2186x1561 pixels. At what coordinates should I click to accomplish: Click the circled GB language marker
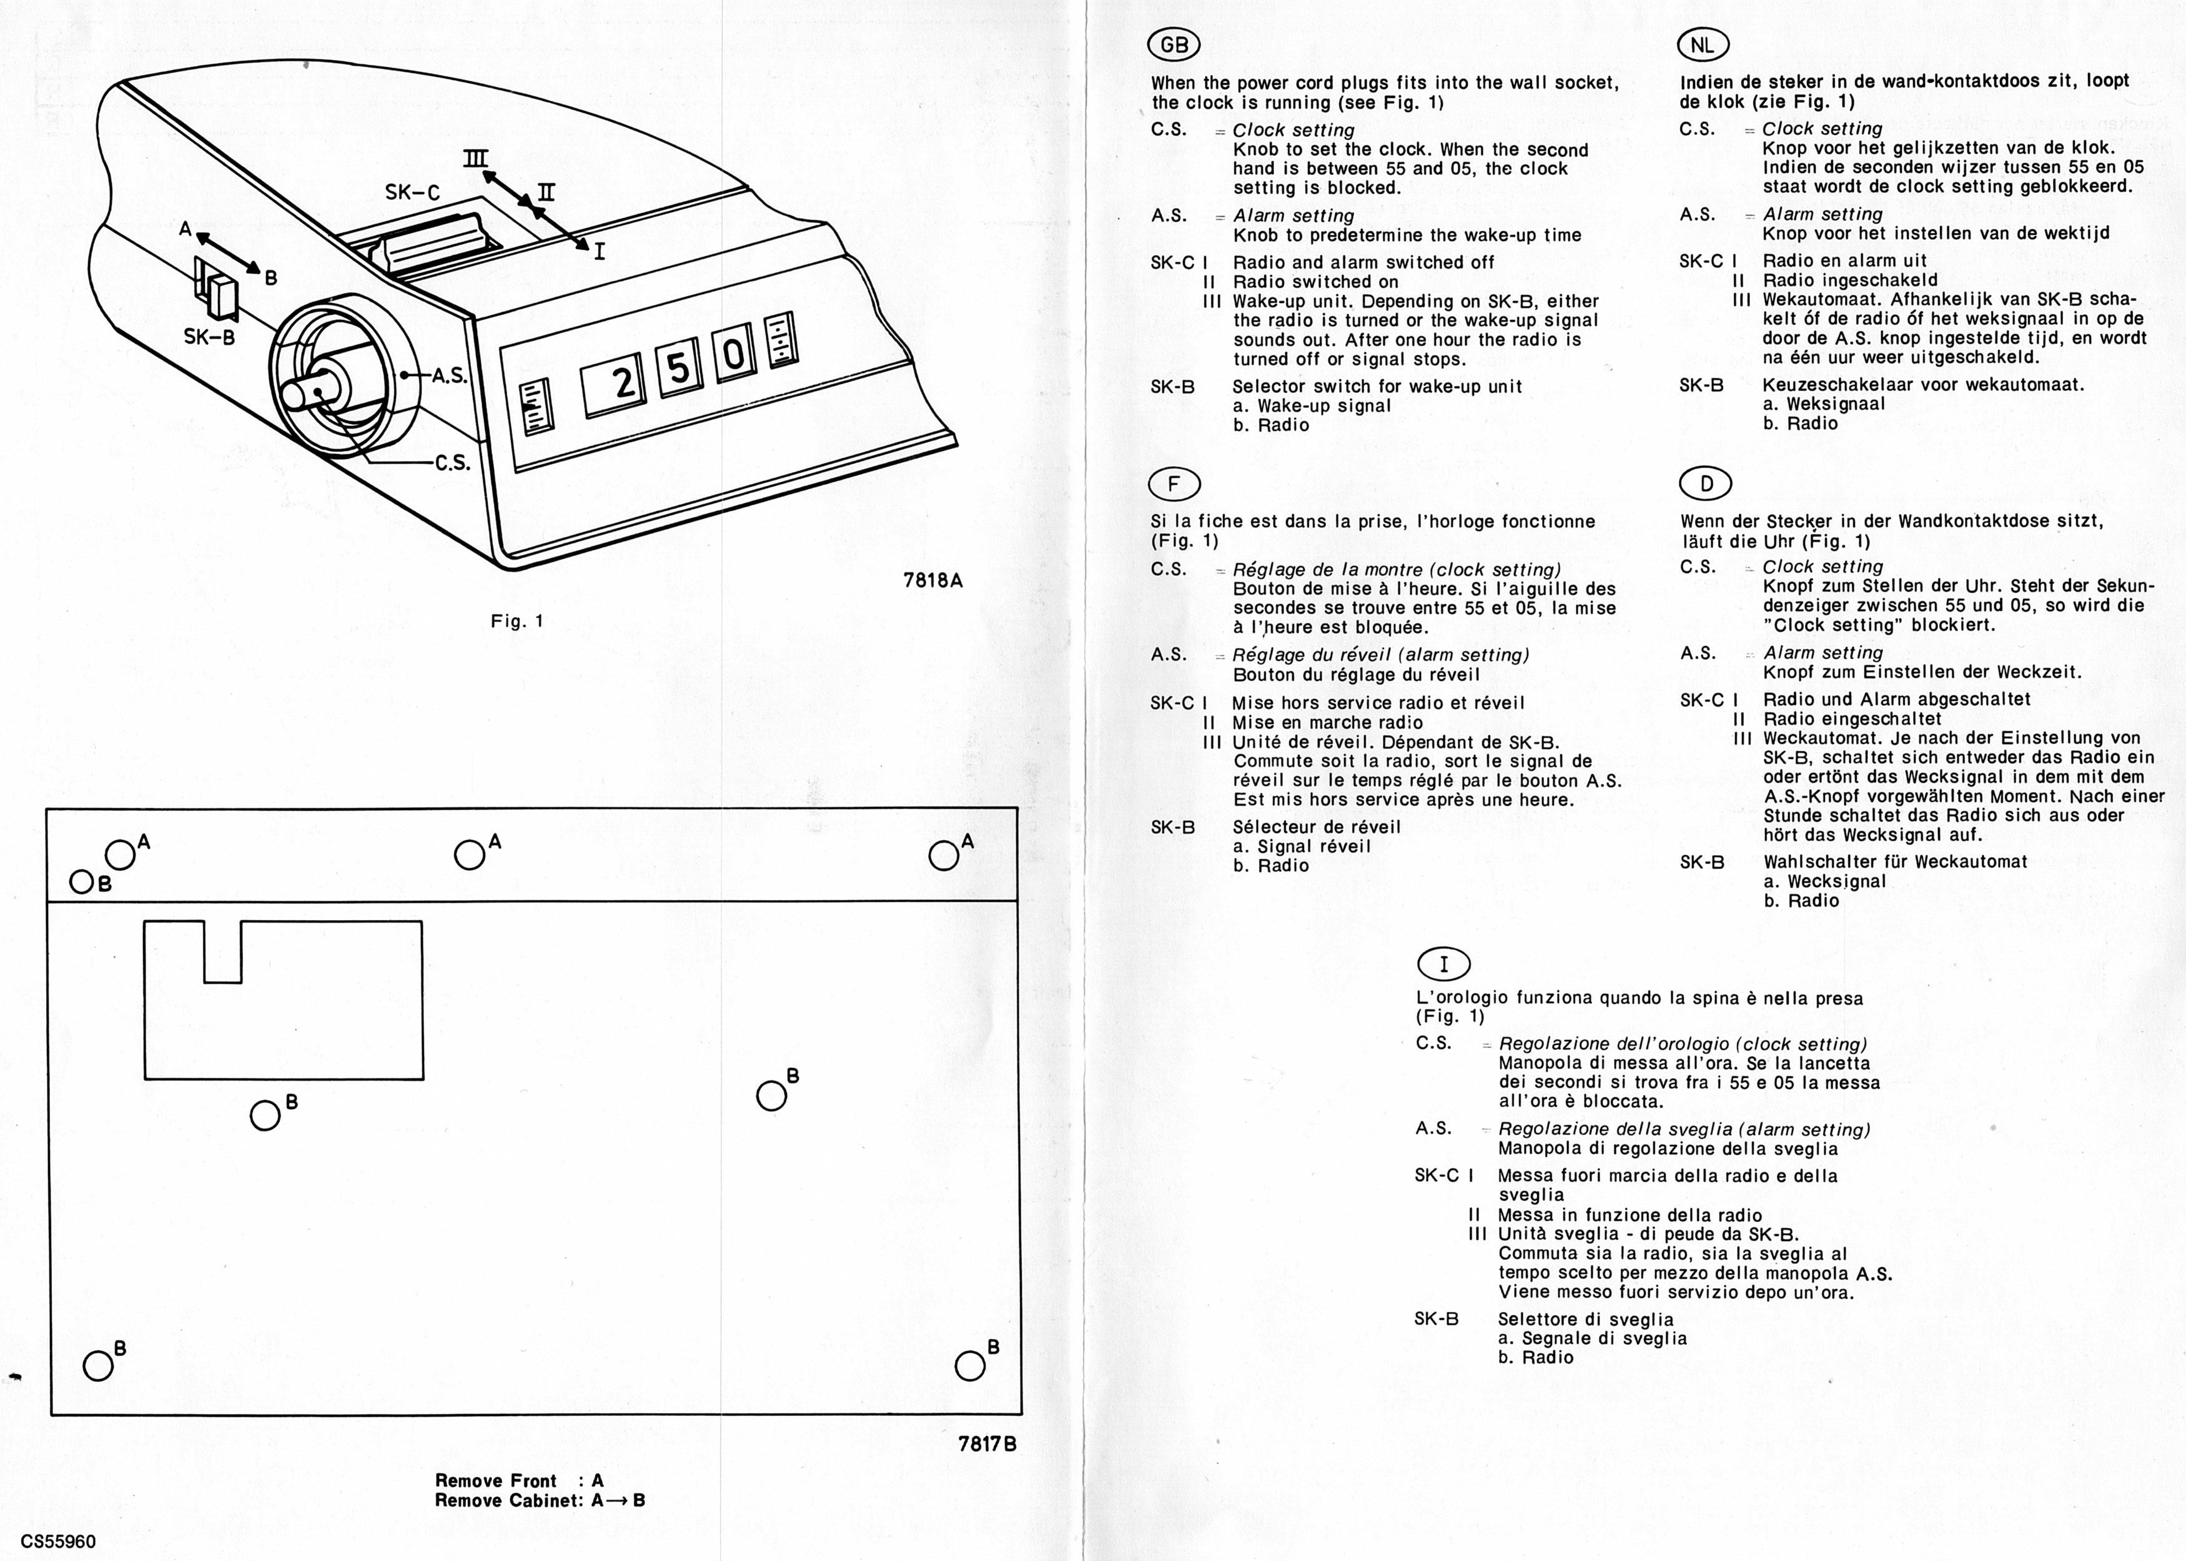click(1174, 45)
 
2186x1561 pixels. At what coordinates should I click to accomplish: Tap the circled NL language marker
click(1702, 44)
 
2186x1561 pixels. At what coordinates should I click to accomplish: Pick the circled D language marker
click(1706, 483)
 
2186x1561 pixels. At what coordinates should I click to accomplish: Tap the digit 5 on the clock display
click(680, 367)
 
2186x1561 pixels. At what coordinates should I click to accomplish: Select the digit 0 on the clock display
click(733, 355)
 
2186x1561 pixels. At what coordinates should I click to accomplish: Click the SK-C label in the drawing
click(412, 193)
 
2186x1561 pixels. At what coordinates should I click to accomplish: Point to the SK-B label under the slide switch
click(209, 337)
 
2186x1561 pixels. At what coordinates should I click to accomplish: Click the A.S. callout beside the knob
click(448, 376)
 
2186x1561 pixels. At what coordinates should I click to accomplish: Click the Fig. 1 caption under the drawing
click(517, 621)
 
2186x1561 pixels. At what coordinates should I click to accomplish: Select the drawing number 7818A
click(932, 580)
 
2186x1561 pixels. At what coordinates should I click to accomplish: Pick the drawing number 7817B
click(987, 1443)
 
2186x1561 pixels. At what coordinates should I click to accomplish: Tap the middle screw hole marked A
click(469, 855)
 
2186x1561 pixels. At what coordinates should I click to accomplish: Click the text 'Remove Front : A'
click(519, 1480)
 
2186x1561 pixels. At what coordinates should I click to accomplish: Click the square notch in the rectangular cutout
click(222, 951)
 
